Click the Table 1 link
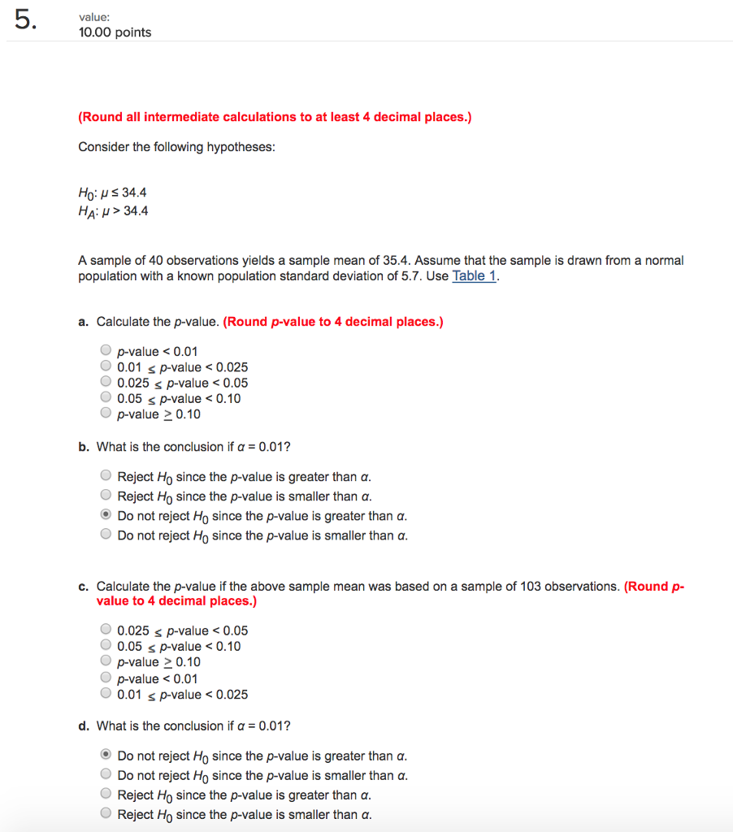pos(474,275)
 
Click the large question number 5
pos(25,23)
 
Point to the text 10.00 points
pos(115,32)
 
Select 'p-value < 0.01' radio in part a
pos(106,351)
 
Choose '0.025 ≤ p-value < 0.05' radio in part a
pos(106,383)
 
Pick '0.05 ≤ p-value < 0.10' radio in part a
pos(106,398)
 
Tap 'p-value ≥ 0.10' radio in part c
pos(106,661)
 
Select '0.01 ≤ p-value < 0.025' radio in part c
pos(106,694)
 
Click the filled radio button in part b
pos(106,516)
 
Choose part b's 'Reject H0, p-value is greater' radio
pos(106,476)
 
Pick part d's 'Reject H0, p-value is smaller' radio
pos(106,814)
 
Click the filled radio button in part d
pos(106,755)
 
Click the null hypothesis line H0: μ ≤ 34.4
pos(112,193)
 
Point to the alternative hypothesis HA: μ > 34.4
pos(113,211)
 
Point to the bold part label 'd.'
pos(84,726)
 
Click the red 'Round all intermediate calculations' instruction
pos(275,117)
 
